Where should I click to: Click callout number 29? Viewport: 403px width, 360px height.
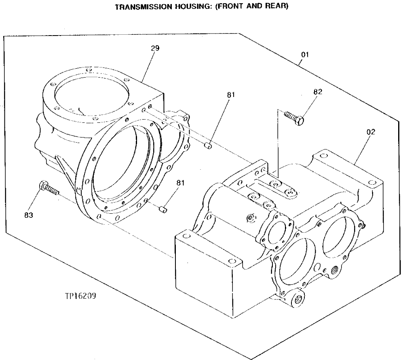(x=155, y=48)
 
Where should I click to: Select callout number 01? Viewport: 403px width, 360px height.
(x=305, y=55)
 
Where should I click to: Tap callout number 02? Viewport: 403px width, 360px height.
(x=371, y=132)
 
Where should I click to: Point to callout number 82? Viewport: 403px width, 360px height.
(x=318, y=92)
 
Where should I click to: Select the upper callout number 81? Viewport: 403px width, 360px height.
(x=231, y=95)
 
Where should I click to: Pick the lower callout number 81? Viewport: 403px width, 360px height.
(x=180, y=183)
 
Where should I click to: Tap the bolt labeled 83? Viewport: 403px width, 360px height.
(x=49, y=188)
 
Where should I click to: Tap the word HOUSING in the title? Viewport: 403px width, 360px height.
(x=188, y=7)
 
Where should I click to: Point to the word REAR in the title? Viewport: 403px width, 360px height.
(x=276, y=7)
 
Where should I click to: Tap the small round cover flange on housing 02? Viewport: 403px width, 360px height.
(x=277, y=232)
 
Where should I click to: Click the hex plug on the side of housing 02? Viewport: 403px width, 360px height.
(x=251, y=218)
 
